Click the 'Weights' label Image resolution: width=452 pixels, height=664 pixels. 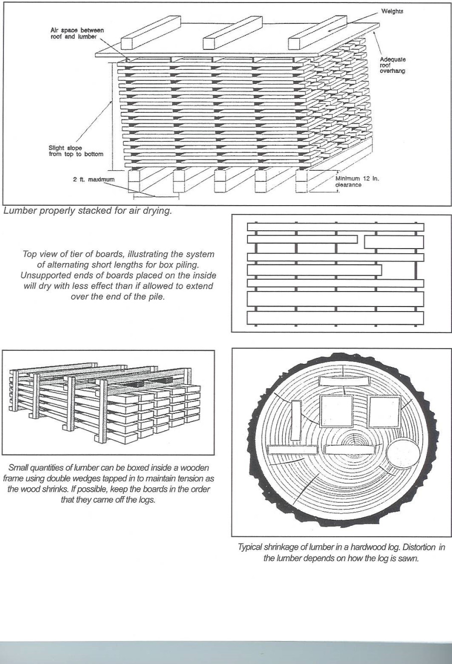[x=392, y=11]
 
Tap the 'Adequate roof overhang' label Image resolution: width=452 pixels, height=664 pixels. [x=393, y=65]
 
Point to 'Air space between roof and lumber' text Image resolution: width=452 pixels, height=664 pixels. [x=77, y=33]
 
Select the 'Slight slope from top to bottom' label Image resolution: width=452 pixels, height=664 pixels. [x=76, y=151]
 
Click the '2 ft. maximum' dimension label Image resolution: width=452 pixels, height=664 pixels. [x=94, y=179]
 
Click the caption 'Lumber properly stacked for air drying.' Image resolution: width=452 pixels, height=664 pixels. [x=87, y=210]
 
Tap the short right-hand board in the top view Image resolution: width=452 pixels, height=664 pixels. [x=394, y=242]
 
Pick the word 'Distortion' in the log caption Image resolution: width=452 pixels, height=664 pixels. [x=416, y=547]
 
